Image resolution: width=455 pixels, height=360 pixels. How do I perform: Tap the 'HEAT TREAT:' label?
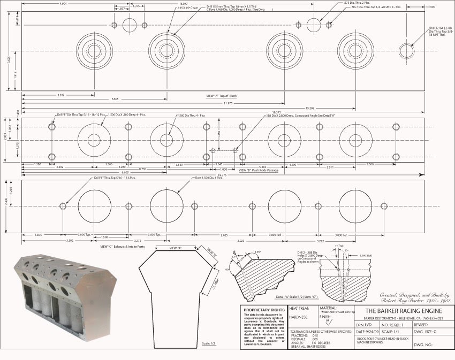(x=299, y=308)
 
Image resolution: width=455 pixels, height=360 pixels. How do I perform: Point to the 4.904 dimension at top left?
(x=63, y=4)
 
